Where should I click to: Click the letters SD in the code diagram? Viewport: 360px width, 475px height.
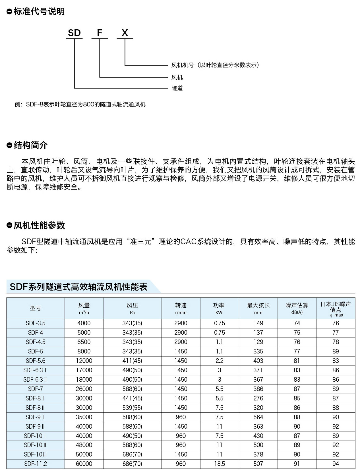click(x=74, y=33)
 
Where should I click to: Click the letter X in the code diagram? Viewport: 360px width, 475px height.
click(x=125, y=33)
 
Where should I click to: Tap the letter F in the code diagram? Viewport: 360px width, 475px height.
click(x=100, y=33)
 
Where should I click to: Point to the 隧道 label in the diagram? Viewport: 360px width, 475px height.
click(x=177, y=88)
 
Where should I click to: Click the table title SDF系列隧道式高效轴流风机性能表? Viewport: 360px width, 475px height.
click(x=78, y=287)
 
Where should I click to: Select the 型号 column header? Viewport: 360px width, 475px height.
click(x=36, y=308)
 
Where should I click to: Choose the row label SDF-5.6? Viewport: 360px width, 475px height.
click(x=36, y=361)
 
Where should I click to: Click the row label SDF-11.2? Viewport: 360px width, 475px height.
click(x=36, y=464)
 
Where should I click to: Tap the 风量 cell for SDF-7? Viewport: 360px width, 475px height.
click(x=84, y=389)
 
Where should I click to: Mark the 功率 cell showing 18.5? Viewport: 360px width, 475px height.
click(x=220, y=464)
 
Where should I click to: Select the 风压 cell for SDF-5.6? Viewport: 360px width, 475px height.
click(x=132, y=361)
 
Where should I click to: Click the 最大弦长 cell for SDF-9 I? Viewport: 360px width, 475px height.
click(x=258, y=417)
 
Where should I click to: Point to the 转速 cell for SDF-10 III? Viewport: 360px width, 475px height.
click(x=181, y=454)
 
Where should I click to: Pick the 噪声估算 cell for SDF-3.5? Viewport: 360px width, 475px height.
click(x=297, y=323)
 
